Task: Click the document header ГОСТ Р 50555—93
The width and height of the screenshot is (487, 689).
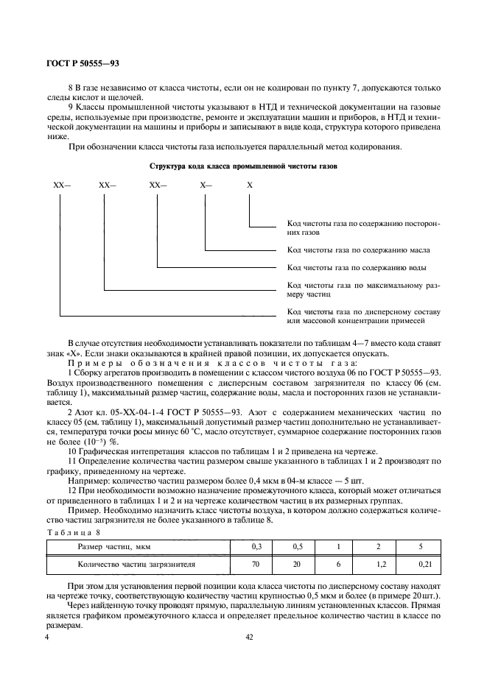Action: tap(79, 65)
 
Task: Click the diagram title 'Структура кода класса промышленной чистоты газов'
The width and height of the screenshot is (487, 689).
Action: tap(243, 167)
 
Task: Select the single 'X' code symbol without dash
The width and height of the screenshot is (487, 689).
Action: tap(250, 187)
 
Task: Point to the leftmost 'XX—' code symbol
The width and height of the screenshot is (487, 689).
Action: tap(61, 187)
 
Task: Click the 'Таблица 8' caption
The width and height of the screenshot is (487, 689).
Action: tap(68, 532)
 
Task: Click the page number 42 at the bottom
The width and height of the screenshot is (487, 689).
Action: tap(248, 638)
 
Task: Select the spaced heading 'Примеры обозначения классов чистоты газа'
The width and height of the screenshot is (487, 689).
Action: tap(212, 363)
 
